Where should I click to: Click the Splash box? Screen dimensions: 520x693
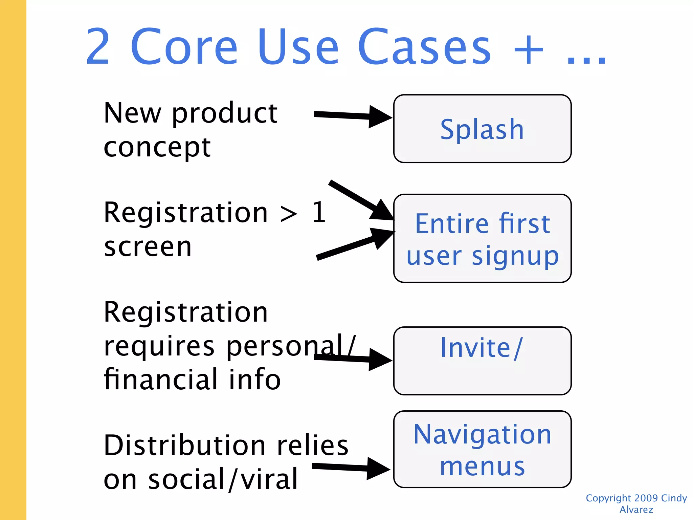click(x=482, y=129)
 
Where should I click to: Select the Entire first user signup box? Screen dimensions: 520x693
click(x=482, y=238)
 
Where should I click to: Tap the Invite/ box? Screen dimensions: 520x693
click(x=482, y=361)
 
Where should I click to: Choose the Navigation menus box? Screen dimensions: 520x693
click(x=482, y=449)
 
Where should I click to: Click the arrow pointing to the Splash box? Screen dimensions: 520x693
click(x=352, y=116)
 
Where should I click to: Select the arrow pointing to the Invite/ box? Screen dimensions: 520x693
click(x=352, y=359)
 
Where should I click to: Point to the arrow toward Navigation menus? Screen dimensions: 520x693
click(x=350, y=468)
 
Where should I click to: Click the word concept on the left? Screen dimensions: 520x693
click(x=157, y=148)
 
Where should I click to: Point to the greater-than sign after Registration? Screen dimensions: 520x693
click(x=289, y=214)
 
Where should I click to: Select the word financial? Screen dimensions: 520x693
click(x=161, y=379)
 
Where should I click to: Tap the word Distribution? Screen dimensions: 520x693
click(x=185, y=445)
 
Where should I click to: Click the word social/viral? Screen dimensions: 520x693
click(x=223, y=479)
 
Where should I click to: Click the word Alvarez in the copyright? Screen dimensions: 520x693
click(x=636, y=510)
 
